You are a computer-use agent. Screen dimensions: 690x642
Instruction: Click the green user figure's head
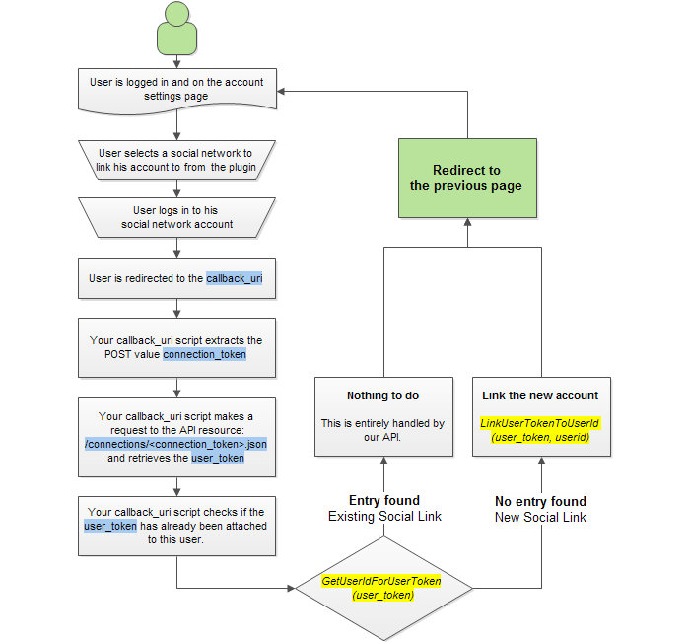click(176, 13)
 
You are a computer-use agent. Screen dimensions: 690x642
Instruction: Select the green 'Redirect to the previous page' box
click(467, 178)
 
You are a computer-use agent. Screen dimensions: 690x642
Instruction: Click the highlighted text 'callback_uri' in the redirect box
click(235, 278)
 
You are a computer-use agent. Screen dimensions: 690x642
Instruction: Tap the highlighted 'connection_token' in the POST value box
click(205, 354)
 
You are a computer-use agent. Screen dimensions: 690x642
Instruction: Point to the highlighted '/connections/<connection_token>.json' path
click(176, 444)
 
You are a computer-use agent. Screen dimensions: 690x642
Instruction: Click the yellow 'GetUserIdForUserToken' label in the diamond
click(381, 581)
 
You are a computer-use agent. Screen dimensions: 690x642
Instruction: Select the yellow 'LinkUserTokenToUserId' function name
click(540, 423)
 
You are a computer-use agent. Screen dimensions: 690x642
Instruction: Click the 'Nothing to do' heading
click(382, 395)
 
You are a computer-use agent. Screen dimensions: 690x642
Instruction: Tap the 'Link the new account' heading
click(540, 395)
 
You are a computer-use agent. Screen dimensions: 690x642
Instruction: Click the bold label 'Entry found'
click(384, 500)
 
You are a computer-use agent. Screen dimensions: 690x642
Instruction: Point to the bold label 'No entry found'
click(540, 501)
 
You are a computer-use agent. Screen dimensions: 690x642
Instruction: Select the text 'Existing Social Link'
click(384, 516)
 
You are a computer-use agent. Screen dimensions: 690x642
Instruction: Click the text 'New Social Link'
click(540, 517)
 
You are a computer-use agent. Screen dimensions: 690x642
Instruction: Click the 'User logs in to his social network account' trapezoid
click(176, 218)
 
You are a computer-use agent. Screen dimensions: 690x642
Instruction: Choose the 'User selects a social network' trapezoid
click(176, 161)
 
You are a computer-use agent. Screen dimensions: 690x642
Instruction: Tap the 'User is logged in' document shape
click(176, 91)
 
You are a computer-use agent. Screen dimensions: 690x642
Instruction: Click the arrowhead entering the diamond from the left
click(291, 588)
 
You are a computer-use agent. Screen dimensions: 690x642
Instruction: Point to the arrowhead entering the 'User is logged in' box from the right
click(281, 91)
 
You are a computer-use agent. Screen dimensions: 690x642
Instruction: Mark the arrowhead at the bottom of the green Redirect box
click(468, 222)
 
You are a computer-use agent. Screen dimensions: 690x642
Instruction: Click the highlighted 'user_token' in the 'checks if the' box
click(110, 526)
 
